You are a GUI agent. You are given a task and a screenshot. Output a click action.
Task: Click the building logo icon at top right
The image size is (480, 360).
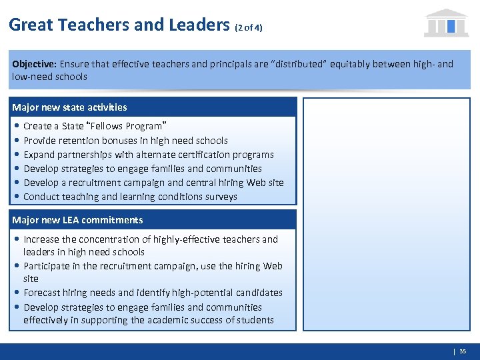click(x=446, y=23)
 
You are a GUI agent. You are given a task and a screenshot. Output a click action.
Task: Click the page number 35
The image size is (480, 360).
click(x=463, y=351)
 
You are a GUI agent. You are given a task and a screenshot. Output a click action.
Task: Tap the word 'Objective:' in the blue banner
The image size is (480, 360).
click(x=34, y=65)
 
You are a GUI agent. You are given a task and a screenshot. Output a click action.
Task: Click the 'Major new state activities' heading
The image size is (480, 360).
click(x=69, y=107)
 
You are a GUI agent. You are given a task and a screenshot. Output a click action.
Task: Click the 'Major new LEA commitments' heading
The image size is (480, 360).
click(x=77, y=220)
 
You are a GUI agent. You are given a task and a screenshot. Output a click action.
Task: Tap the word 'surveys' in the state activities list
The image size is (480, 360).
click(x=219, y=197)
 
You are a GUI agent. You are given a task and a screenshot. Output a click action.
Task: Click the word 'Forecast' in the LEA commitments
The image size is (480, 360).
click(x=43, y=293)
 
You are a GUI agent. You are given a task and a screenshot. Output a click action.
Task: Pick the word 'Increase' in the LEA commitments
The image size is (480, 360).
click(x=41, y=239)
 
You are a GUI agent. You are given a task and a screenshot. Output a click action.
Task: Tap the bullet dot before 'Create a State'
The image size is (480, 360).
click(x=15, y=126)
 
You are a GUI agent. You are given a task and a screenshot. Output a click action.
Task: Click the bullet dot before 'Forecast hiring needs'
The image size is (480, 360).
click(x=15, y=293)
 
